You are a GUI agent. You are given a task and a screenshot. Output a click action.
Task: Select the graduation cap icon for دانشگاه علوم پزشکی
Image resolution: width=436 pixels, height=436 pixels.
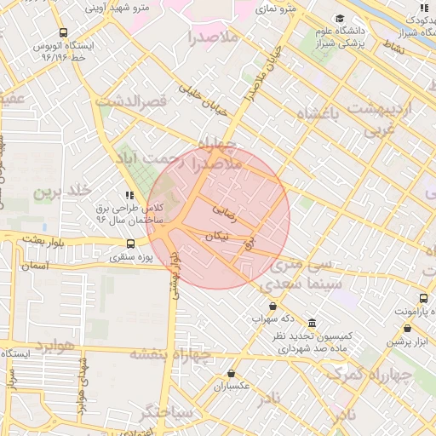click(341, 19)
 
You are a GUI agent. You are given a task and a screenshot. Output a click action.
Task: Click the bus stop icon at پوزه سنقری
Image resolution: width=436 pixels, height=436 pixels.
click(129, 244)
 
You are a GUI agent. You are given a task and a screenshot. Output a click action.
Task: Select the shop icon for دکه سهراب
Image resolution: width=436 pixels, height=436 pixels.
click(272, 306)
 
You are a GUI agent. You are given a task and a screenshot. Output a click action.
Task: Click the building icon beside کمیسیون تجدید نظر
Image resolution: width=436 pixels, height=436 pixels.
click(312, 324)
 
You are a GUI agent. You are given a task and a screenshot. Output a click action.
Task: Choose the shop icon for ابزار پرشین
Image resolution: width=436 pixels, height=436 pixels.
click(409, 329)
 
